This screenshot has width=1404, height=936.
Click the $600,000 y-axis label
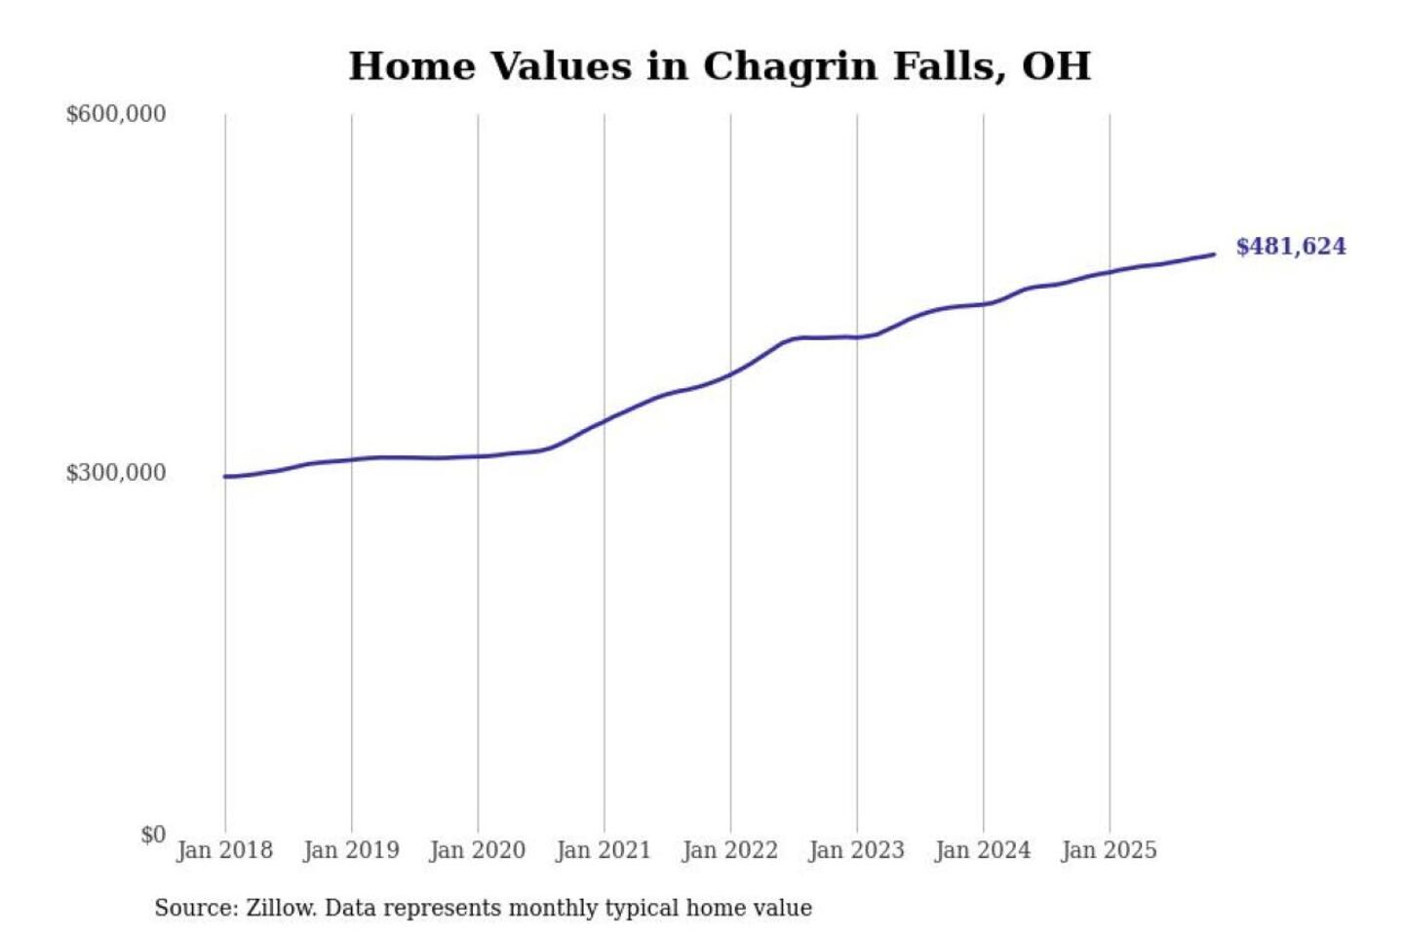[x=115, y=114]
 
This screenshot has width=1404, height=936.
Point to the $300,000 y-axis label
[x=115, y=473]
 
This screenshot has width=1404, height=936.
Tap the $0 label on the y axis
[x=152, y=835]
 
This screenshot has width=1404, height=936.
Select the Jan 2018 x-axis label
[x=224, y=850]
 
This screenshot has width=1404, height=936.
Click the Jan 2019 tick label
[x=351, y=850]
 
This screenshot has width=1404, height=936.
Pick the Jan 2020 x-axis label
[x=477, y=850]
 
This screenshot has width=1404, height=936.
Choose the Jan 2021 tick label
[x=603, y=850]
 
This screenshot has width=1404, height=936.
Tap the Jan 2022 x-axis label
[x=729, y=850]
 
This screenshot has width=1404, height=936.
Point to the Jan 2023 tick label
[x=856, y=850]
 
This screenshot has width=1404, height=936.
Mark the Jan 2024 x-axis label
[x=982, y=850]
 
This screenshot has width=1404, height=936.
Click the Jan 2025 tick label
[x=1109, y=850]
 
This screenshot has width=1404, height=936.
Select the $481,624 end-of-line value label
[x=1290, y=247]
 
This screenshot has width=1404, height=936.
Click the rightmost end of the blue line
[x=1214, y=254]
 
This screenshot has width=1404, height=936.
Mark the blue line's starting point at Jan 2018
[x=225, y=477]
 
